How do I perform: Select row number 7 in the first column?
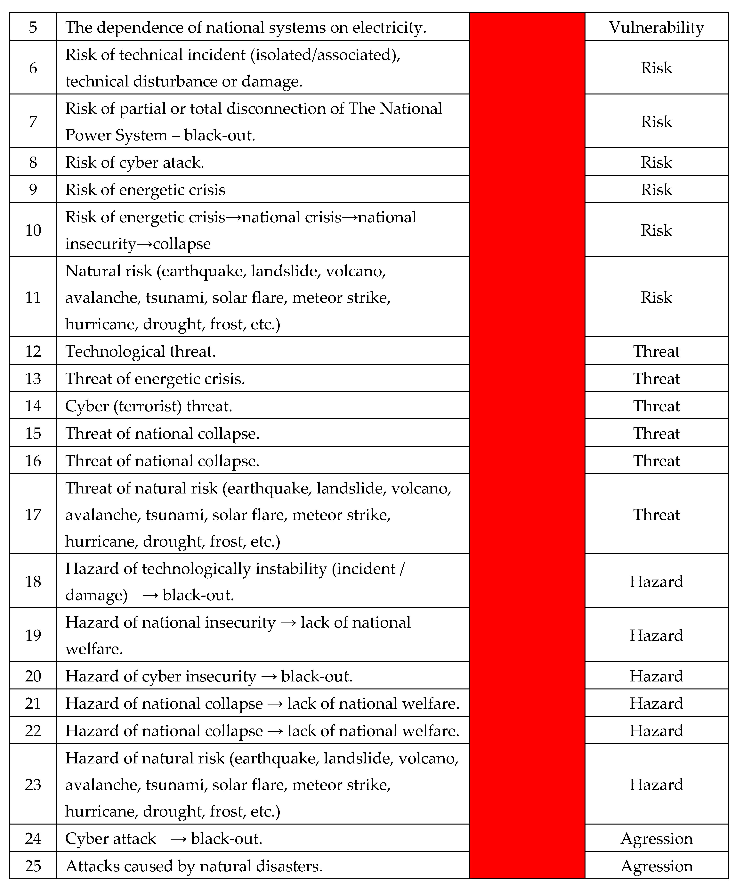coord(33,122)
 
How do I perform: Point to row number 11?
coord(33,297)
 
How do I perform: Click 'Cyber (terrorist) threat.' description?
coord(149,406)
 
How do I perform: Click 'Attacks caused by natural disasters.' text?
coord(194,866)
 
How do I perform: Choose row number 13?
coord(33,378)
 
